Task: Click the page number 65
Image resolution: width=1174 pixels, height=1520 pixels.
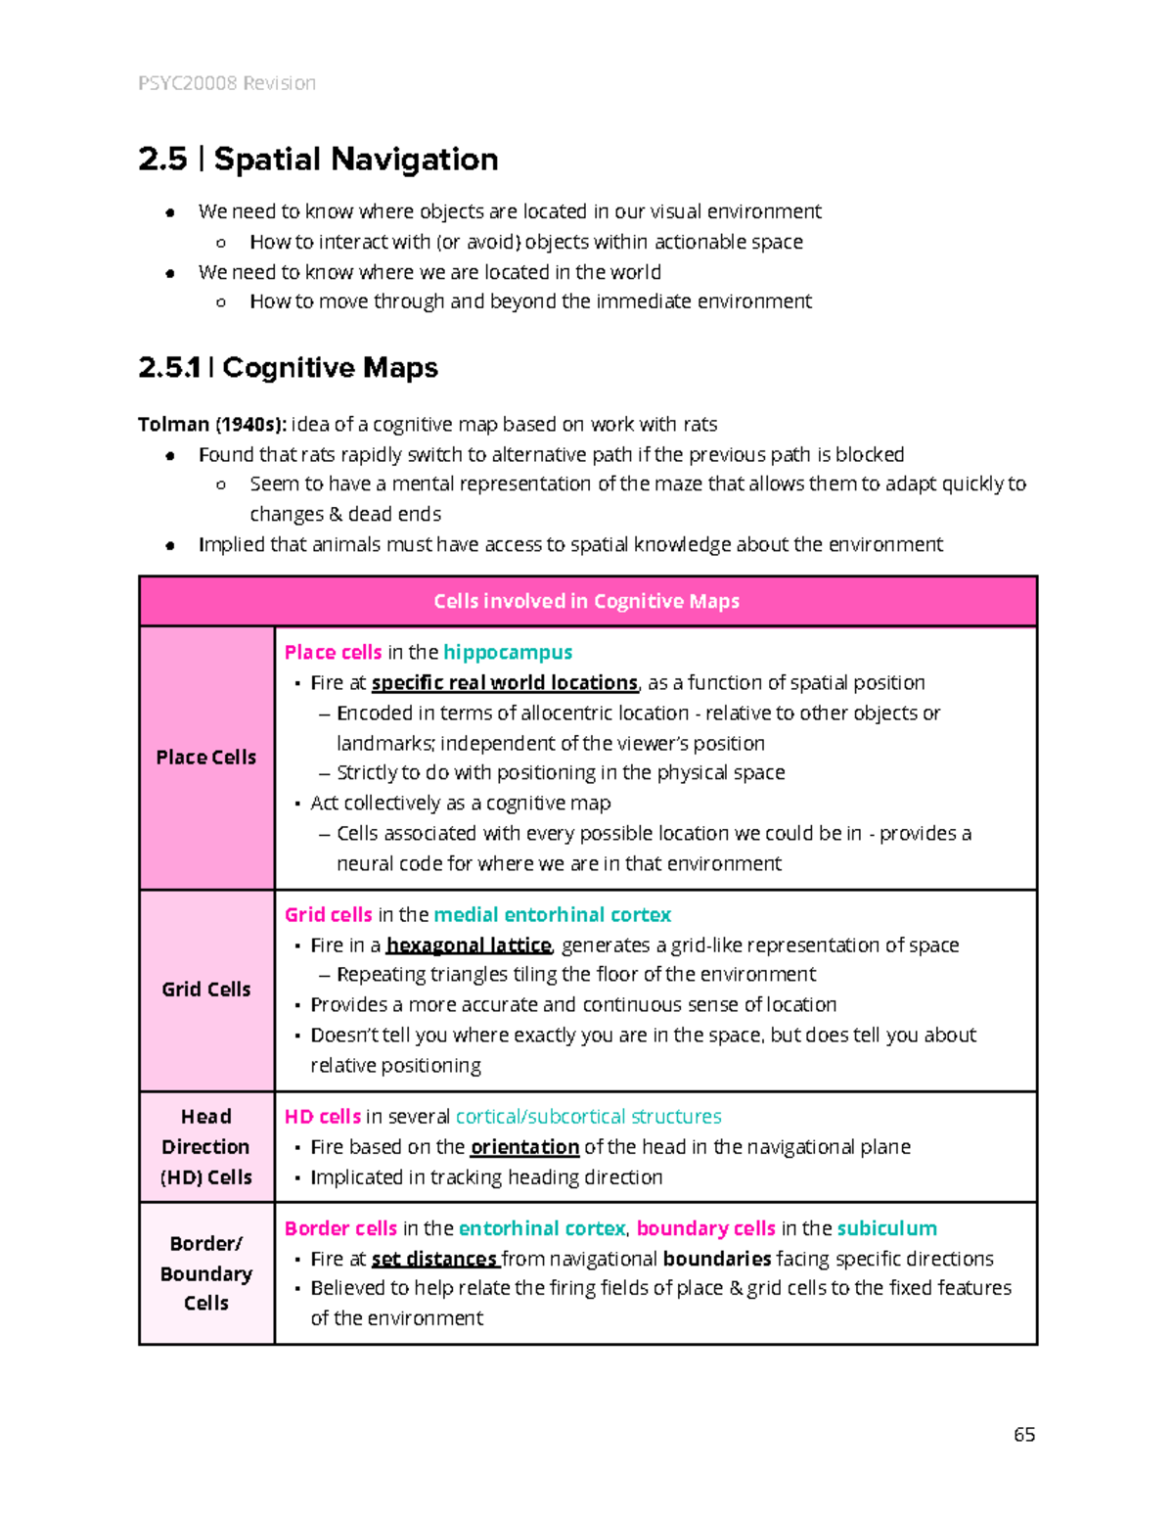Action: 1024,1435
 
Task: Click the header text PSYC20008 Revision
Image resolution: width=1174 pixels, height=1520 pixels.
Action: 227,83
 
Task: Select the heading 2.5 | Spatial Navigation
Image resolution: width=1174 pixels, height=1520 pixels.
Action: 318,160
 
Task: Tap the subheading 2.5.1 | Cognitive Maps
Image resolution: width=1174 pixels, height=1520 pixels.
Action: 288,368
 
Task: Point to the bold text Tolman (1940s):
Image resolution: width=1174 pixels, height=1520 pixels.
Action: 212,425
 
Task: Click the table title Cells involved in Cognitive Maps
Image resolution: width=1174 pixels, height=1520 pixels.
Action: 586,601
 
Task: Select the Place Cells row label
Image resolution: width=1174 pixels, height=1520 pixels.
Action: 206,758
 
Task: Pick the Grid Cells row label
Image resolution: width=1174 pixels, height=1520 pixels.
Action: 206,990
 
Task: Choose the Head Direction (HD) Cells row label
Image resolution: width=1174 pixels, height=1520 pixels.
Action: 206,1147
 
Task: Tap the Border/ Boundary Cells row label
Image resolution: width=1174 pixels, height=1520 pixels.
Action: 206,1273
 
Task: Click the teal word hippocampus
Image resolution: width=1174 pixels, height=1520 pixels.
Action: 508,653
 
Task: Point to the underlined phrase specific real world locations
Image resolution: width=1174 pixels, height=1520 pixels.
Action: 505,683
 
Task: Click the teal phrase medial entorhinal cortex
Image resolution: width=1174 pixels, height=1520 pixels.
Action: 552,915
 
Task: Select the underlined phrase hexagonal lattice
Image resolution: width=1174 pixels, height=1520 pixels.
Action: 469,945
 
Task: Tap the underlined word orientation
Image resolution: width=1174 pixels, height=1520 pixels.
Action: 525,1147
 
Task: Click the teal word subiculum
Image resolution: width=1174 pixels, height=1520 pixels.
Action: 886,1228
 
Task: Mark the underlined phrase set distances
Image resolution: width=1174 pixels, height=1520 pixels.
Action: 434,1259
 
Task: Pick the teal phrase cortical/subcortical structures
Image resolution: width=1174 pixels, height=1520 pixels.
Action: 588,1117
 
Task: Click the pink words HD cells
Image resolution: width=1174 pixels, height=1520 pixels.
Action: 323,1117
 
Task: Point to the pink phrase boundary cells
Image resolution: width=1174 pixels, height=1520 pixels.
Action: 705,1228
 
